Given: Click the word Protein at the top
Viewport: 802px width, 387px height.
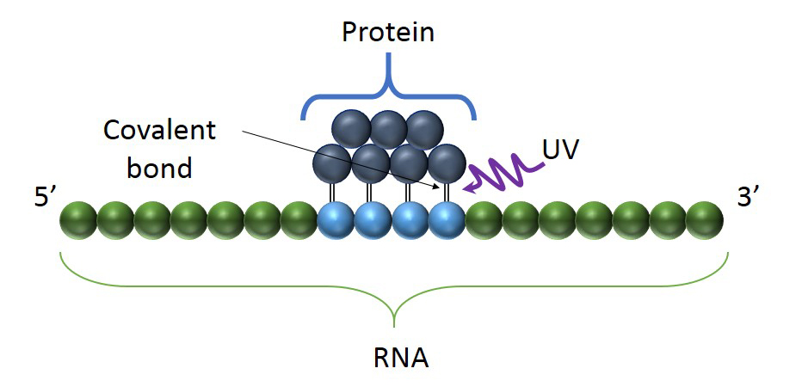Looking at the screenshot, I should pos(388,32).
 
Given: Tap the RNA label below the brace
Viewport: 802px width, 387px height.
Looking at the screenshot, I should pos(396,355).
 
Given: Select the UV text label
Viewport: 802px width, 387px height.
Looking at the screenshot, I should pos(560,150).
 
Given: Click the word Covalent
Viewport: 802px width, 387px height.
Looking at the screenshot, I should pos(159,131).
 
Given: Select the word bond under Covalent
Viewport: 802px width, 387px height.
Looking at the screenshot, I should pos(159,167).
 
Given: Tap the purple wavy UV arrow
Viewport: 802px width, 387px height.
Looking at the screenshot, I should pos(503,170).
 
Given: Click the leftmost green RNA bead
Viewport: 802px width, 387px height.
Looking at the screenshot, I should pos(77,220).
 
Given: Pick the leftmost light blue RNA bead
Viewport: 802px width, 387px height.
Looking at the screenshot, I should pos(336,220).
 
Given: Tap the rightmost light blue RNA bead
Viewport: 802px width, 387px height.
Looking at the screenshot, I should pos(447,220).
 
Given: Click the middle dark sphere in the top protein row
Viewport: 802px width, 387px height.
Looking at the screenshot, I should pos(388,129).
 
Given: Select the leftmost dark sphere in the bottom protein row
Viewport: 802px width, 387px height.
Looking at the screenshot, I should pos(332,163).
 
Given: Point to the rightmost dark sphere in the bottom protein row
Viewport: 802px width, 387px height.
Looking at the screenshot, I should pos(446,163).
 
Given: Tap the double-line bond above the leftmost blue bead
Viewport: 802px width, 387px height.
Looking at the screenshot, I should pos(332,192).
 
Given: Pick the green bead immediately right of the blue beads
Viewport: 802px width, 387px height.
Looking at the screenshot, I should pos(483,220).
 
